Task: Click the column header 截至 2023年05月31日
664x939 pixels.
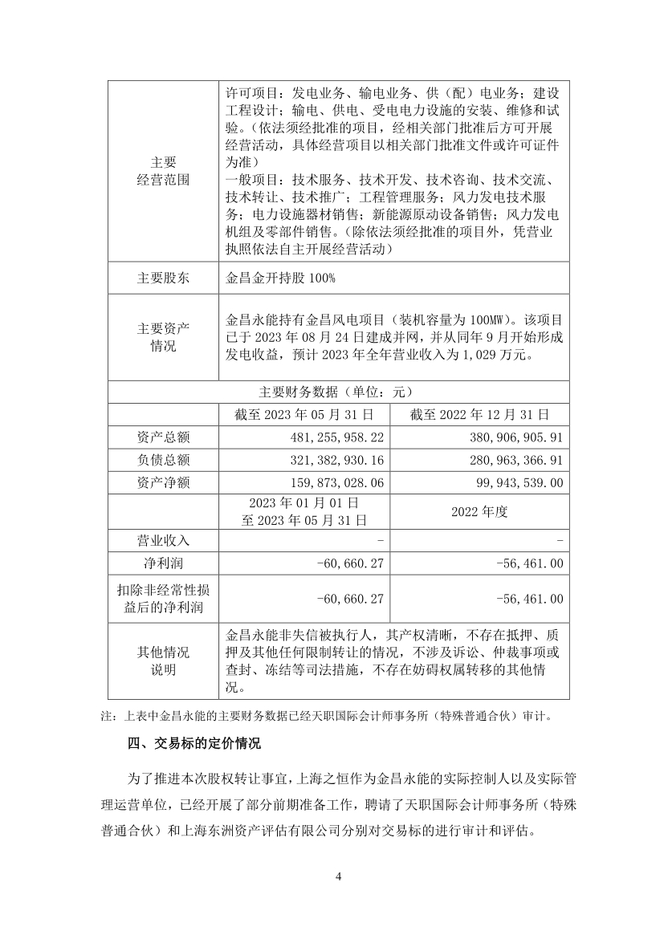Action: click(x=303, y=415)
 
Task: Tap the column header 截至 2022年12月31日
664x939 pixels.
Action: click(x=479, y=415)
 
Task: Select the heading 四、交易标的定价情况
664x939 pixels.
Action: click(x=194, y=743)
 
